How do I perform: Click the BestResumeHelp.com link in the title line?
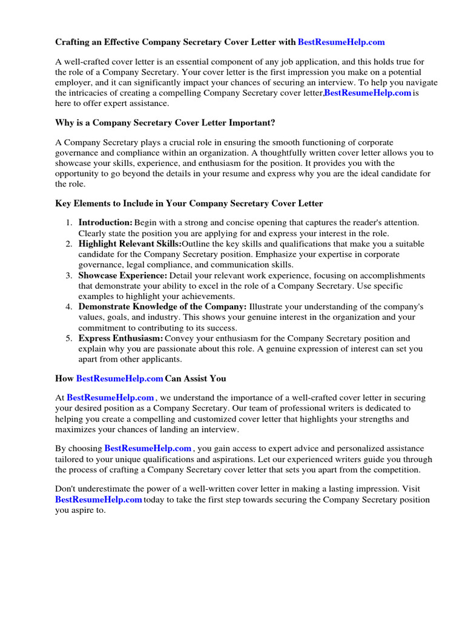point(341,42)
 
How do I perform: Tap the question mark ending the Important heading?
point(273,123)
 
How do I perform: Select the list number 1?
point(69,223)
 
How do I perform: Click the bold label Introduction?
point(105,223)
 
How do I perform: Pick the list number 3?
point(69,275)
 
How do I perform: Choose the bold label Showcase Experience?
point(122,275)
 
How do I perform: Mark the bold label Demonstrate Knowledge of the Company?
point(162,306)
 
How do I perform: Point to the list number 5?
point(69,338)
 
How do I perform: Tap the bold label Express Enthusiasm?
point(121,338)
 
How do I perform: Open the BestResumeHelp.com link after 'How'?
point(119,378)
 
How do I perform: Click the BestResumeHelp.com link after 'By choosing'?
point(148,449)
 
